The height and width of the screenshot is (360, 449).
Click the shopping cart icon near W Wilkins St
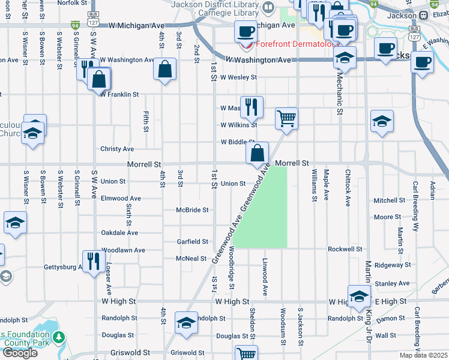[x=287, y=118]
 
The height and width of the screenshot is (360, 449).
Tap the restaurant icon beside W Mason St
[x=252, y=107]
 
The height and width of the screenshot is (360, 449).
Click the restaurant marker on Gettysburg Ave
[x=92, y=260]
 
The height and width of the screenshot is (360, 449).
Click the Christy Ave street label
[x=117, y=149]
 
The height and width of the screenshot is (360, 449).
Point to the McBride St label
[x=192, y=210]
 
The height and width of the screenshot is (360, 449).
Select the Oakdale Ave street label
[x=119, y=233]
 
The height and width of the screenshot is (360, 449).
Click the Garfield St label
[x=192, y=242]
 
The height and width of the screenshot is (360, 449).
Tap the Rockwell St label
[x=345, y=249]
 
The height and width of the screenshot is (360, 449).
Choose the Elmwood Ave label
[x=121, y=199]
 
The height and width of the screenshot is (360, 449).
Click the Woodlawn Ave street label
[x=123, y=250]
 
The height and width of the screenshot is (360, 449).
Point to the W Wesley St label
[x=238, y=77]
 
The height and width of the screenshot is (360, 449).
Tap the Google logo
[x=20, y=353]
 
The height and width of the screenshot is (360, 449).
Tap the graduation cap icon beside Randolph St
[x=186, y=322]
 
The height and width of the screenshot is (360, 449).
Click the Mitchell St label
[x=389, y=200]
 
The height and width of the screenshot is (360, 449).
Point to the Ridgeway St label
[x=390, y=265]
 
